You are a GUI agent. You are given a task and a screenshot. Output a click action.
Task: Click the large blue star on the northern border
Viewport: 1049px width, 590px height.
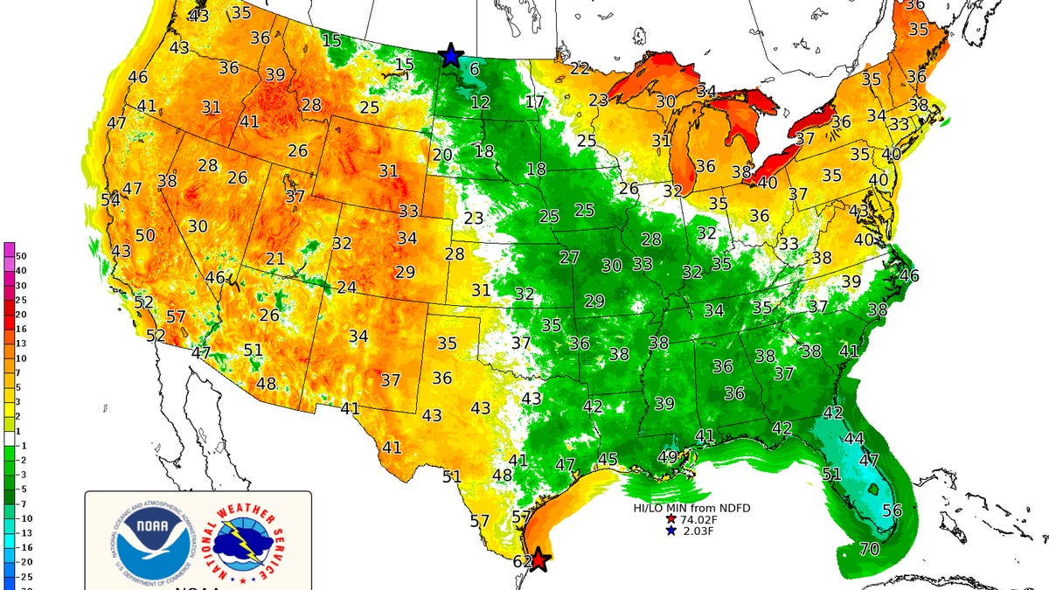coord(450,55)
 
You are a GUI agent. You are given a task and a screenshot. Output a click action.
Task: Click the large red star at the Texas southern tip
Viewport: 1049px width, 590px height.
coord(539,559)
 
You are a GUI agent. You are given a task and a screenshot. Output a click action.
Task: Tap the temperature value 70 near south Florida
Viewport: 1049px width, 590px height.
coord(869,550)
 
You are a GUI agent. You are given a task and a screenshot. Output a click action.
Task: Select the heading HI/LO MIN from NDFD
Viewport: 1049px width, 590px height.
coord(692,507)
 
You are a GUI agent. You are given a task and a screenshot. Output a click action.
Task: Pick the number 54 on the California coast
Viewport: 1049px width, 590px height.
coord(110,200)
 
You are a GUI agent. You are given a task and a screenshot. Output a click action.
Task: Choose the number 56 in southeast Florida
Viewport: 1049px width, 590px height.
coord(892,510)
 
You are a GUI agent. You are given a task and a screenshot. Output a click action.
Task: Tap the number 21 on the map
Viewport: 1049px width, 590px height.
coord(275,259)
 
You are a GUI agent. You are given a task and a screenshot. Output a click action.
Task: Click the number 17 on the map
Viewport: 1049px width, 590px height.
coord(535,102)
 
